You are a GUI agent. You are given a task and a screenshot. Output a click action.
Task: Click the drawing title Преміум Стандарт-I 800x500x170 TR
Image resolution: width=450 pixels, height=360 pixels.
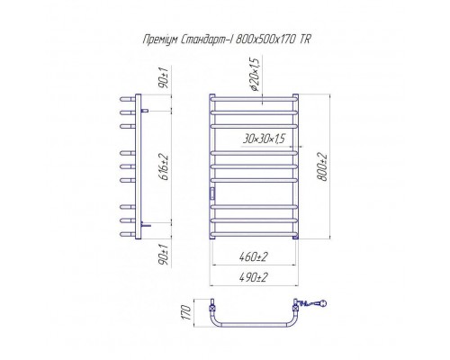[227, 40]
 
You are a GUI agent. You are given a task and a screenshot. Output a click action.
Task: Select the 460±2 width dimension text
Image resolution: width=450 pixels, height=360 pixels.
[254, 257]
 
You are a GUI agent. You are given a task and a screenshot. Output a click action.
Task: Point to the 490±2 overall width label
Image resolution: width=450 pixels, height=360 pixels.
[254, 277]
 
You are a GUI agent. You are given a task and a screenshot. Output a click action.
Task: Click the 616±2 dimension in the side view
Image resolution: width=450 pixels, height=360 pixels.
[165, 167]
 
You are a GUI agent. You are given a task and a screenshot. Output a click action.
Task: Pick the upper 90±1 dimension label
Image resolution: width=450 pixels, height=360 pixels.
[165, 78]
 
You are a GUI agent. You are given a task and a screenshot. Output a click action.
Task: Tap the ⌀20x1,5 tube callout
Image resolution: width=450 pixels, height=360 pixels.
[254, 74]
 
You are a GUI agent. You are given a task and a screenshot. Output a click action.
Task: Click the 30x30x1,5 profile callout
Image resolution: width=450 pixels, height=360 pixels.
[264, 139]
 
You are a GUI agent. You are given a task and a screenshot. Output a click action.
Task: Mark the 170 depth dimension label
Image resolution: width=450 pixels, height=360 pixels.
[186, 312]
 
